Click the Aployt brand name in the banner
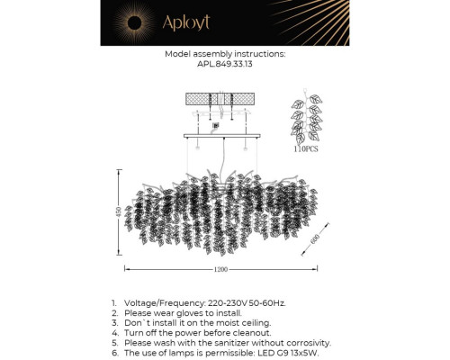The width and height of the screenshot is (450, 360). tap(186, 22)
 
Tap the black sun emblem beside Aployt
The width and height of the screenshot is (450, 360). tap(134, 22)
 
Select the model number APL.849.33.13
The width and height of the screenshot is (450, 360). tap(225, 64)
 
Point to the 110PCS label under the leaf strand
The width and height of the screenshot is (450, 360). tap(306, 148)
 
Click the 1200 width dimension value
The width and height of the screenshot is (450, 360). tap(220, 269)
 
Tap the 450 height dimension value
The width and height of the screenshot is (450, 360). tap(119, 212)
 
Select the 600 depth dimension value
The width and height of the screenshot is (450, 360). tap(315, 239)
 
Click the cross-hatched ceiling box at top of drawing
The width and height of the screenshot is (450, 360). tap(220, 99)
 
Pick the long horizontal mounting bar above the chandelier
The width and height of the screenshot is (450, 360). tap(222, 136)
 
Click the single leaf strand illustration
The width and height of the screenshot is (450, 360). tap(307, 117)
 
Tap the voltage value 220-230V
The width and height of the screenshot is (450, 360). tap(228, 303)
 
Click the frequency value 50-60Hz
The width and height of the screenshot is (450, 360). tap(267, 303)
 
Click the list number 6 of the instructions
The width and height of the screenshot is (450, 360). tap(115, 353)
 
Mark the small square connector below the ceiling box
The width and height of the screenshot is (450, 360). tap(216, 125)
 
